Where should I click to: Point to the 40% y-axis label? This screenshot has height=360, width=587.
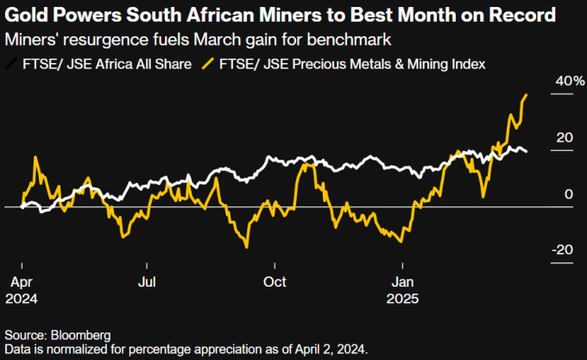pyautogui.click(x=564, y=80)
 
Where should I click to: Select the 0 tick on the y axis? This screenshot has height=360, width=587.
pyautogui.click(x=568, y=194)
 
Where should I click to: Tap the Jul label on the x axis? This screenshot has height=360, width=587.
pyautogui.click(x=147, y=281)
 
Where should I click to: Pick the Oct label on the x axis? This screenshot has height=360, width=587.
pyautogui.click(x=275, y=281)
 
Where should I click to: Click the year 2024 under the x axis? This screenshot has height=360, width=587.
pyautogui.click(x=22, y=298)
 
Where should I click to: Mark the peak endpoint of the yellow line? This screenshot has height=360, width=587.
pyautogui.click(x=527, y=95)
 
